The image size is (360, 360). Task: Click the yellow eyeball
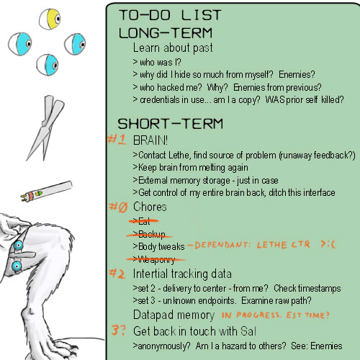tap(50, 19)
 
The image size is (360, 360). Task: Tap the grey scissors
tap(45, 127)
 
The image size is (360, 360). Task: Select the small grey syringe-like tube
tap(46, 191)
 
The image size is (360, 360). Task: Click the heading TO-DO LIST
tap(170, 15)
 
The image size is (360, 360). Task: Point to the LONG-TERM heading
tap(166, 33)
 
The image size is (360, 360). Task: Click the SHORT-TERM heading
tap(170, 124)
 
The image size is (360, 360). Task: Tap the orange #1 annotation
tap(117, 139)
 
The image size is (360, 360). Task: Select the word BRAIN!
tap(150, 140)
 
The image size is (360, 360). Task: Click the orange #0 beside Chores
tap(118, 207)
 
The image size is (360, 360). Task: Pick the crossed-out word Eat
tap(144, 221)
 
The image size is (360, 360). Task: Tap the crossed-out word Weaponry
tap(156, 259)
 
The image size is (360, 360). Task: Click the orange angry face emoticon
tap(328, 244)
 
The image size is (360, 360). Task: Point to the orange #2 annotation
tap(117, 274)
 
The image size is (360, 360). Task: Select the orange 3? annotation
tap(118, 330)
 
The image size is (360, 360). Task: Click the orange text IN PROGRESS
tap(251, 315)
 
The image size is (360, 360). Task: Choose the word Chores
tap(150, 207)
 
